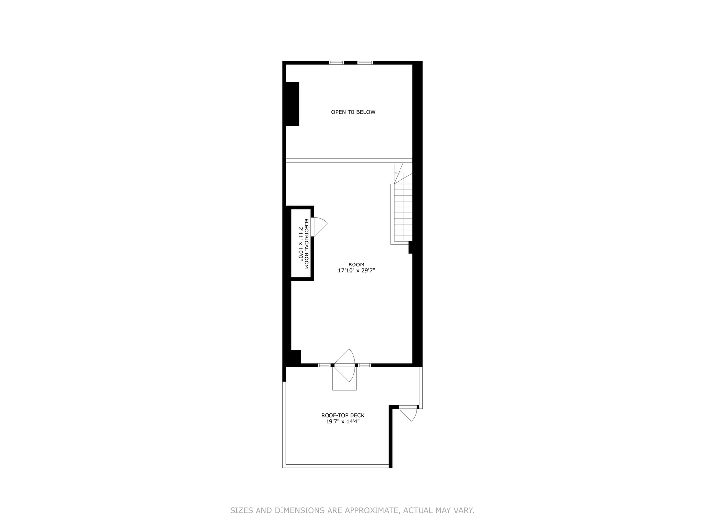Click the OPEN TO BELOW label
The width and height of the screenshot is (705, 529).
click(353, 112)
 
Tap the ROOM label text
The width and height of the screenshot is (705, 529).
click(356, 264)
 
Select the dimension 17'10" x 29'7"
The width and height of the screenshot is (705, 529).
click(356, 270)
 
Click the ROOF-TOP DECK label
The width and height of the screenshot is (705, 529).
click(343, 415)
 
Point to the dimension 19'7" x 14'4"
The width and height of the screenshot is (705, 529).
click(343, 421)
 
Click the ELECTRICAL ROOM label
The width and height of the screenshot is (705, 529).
click(307, 243)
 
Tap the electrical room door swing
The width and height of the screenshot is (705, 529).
click(319, 226)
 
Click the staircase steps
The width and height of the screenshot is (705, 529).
click(402, 213)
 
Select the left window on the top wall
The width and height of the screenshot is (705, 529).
click(336, 63)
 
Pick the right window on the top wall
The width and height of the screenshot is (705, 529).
click(365, 63)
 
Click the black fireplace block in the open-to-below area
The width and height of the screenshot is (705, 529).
click(292, 104)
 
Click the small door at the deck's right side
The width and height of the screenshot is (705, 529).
click(408, 412)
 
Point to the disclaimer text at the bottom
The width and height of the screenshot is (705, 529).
click(352, 510)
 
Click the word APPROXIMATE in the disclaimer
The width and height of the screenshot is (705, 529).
click(372, 510)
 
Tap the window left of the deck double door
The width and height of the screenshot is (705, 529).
click(324, 365)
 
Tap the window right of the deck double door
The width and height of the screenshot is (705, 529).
click(364, 365)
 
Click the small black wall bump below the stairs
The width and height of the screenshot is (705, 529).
click(411, 248)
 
